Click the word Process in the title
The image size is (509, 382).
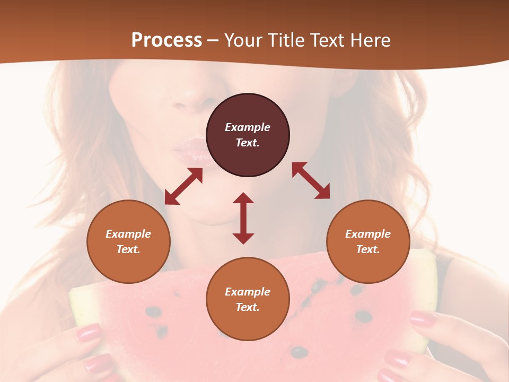click(x=166, y=40)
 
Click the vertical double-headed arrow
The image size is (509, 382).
click(x=243, y=218)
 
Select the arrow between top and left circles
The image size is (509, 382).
click(x=184, y=186)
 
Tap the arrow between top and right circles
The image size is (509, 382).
click(x=311, y=180)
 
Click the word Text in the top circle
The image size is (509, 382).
click(x=247, y=143)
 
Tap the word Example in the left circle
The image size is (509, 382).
click(x=128, y=234)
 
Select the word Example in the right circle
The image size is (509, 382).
click(x=368, y=234)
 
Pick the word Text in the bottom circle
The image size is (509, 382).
click(x=247, y=307)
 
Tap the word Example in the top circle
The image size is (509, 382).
click(x=248, y=127)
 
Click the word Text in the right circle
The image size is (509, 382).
click(x=367, y=249)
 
